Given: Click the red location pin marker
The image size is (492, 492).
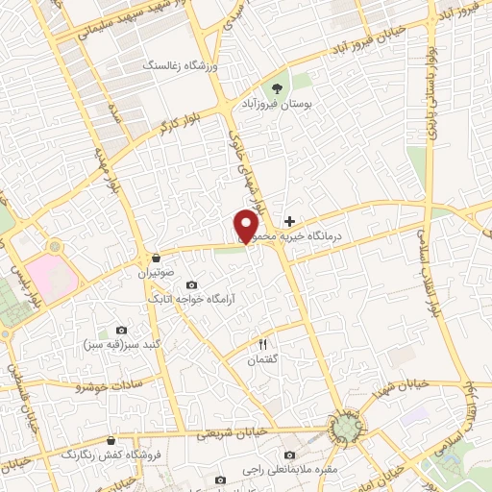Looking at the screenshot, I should coord(247,225).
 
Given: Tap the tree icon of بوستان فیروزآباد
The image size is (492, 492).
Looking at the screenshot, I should coord(283,85).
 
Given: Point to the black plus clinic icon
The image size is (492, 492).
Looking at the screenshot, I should coord(289,221).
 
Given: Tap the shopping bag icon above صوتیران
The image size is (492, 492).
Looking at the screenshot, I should coord(155,258).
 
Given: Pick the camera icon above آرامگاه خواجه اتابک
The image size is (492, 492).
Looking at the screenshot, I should coord(191,285).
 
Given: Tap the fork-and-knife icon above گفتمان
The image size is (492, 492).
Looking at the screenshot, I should coord(263,343).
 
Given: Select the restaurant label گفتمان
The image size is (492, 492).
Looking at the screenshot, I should coord(263,357).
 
